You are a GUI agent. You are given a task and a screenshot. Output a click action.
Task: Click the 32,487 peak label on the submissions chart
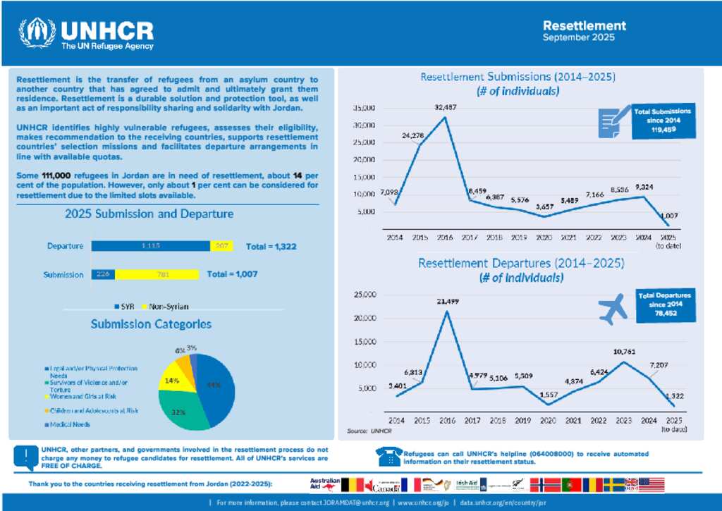[446, 107]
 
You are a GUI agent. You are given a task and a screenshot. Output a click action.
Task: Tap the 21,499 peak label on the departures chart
[446, 301]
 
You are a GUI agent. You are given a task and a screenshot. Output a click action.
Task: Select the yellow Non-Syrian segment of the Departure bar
[221, 246]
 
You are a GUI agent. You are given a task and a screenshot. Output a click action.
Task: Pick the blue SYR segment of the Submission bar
[104, 274]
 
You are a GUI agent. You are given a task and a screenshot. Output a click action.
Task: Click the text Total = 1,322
[270, 247]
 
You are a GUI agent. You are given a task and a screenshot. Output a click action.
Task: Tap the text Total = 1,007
[232, 274]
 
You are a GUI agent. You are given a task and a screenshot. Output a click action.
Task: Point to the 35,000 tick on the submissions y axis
[365, 109]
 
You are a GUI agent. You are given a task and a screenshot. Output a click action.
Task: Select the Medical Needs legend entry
[71, 424]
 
